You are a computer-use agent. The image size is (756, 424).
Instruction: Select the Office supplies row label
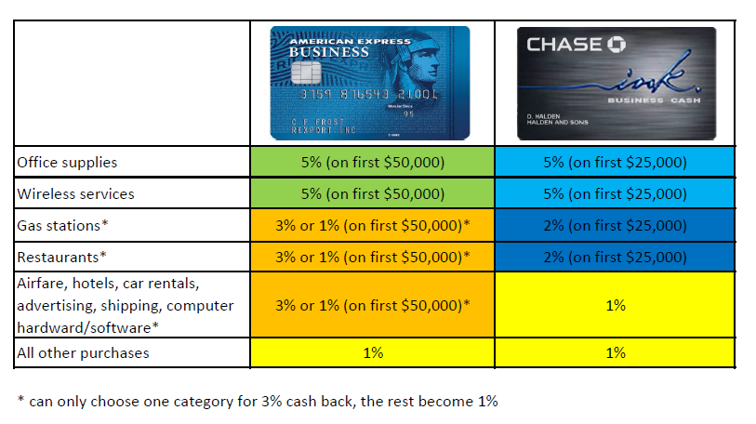click(68, 163)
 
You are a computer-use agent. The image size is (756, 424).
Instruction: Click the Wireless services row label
click(75, 194)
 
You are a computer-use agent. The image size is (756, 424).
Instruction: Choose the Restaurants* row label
click(62, 256)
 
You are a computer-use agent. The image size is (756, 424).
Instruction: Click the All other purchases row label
click(83, 352)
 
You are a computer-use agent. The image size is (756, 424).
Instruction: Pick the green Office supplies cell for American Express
click(373, 163)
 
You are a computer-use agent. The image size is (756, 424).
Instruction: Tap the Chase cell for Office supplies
click(615, 163)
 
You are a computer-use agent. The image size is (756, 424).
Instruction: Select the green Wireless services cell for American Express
click(373, 194)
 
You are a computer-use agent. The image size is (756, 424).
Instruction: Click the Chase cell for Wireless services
click(615, 194)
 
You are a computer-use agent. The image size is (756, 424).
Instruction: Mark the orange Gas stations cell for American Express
click(373, 225)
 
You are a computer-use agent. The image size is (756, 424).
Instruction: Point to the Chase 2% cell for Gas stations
click(615, 225)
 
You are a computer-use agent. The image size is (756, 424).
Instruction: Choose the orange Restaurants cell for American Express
click(373, 256)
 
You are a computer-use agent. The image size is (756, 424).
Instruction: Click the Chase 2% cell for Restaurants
click(615, 256)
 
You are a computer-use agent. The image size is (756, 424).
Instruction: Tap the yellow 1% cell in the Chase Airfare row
click(615, 305)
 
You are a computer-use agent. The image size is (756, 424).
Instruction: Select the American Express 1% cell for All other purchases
click(373, 352)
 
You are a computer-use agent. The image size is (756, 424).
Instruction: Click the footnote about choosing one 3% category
click(258, 401)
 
